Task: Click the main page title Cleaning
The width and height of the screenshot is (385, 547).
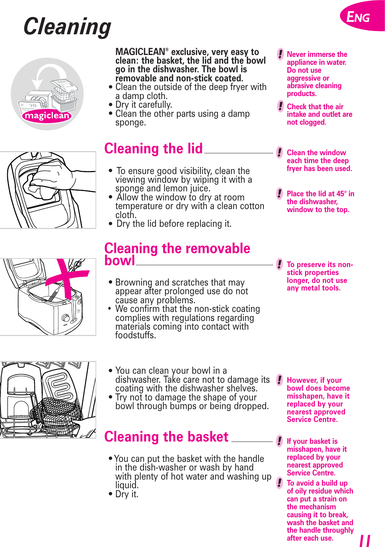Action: [x=67, y=27]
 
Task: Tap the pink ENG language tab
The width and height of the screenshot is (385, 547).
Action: [x=359, y=17]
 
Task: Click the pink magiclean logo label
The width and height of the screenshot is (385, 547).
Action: [x=47, y=115]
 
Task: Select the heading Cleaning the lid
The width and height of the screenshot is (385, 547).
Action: [x=153, y=149]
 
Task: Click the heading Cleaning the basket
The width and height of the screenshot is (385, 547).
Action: [x=166, y=437]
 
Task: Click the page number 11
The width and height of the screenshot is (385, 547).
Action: [x=365, y=541]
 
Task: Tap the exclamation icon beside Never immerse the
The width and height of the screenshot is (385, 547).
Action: [x=280, y=54]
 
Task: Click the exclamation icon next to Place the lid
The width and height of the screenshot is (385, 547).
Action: [x=279, y=194]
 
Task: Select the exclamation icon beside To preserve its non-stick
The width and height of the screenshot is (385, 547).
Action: [x=279, y=264]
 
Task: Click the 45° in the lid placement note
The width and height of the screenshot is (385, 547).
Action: [x=341, y=194]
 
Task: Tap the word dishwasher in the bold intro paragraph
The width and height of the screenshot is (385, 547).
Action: [x=178, y=69]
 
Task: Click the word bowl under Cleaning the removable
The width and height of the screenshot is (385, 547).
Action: [x=120, y=261]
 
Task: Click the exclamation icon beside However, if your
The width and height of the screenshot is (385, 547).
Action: [x=279, y=380]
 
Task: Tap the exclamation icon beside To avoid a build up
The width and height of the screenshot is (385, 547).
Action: [x=279, y=483]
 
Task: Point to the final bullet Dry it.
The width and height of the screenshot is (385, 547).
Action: [x=127, y=494]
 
